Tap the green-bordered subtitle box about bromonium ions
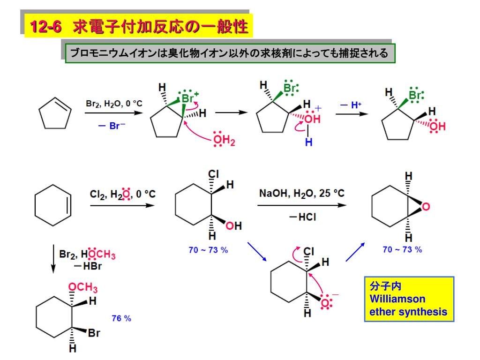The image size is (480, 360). click(229, 53)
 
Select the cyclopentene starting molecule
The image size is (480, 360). click(54, 113)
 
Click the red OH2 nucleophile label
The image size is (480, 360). click(223, 140)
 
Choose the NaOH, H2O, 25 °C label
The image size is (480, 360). click(302, 193)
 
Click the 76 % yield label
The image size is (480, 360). click(121, 318)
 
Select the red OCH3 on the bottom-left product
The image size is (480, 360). click(79, 287)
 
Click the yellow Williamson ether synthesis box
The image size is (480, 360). click(409, 299)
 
